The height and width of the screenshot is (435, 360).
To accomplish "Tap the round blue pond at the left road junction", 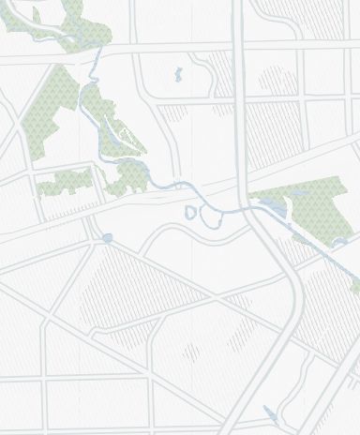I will [x=108, y=238].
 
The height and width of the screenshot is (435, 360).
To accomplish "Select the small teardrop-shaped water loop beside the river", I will [x=190, y=213].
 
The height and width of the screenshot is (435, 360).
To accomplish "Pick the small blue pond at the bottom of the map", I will [x=272, y=412].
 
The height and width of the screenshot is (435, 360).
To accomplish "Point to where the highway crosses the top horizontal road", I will [x=240, y=44].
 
